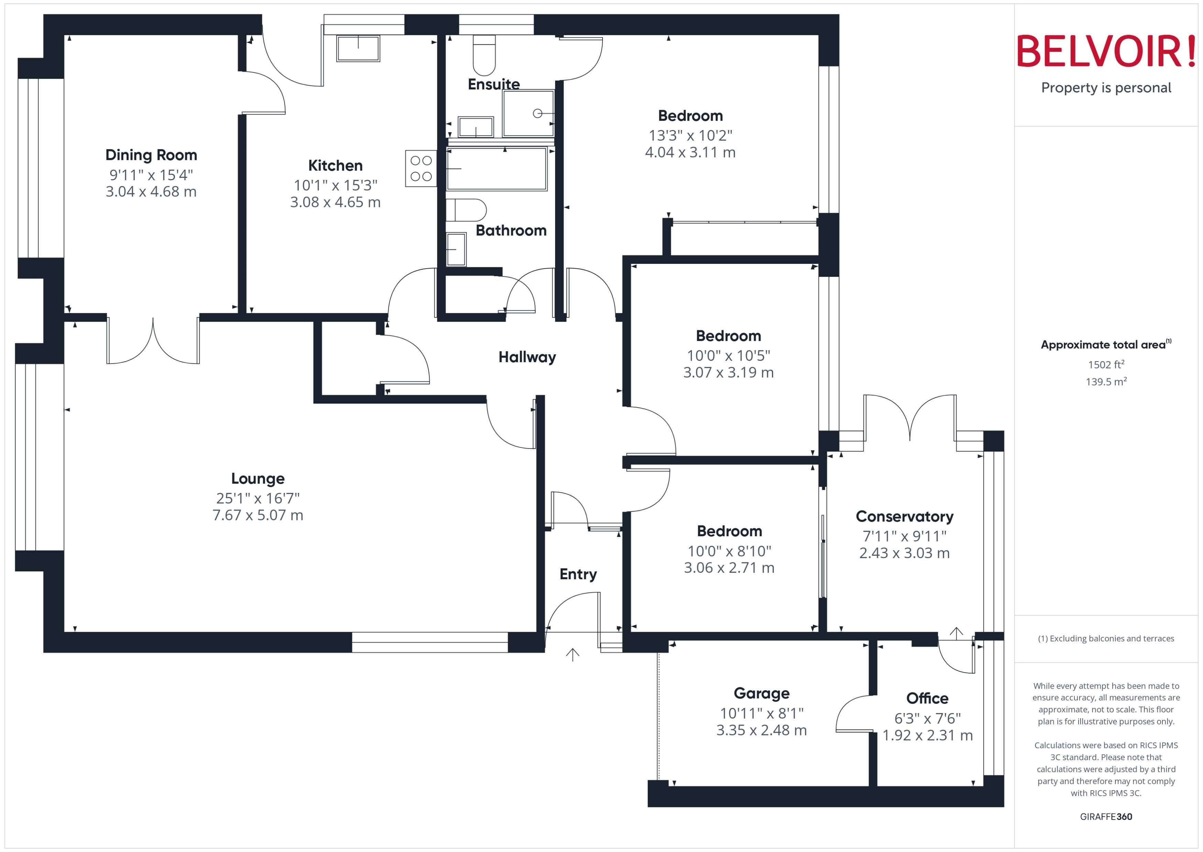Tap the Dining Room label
(151, 155)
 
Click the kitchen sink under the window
(358, 48)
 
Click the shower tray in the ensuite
(528, 113)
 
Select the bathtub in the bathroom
(496, 169)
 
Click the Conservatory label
(904, 516)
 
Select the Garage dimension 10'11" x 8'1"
(761, 713)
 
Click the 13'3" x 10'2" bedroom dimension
(690, 136)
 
